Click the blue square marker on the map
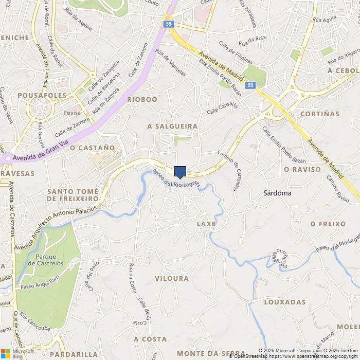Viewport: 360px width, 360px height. [x=180, y=172]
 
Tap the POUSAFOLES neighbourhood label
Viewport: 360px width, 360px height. [x=42, y=96]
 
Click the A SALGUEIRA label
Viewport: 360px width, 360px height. [x=172, y=126]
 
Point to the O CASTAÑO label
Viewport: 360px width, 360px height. [x=92, y=148]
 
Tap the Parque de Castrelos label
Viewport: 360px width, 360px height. [x=49, y=260]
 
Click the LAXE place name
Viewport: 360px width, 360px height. [x=206, y=224]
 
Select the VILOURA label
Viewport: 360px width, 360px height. [x=172, y=278]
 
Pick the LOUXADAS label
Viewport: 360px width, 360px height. [x=285, y=302]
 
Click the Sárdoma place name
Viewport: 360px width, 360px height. [x=277, y=193]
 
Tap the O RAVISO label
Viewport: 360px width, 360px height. [x=302, y=169]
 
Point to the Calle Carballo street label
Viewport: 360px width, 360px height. [x=222, y=108]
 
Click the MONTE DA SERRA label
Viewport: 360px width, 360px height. [x=203, y=353]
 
